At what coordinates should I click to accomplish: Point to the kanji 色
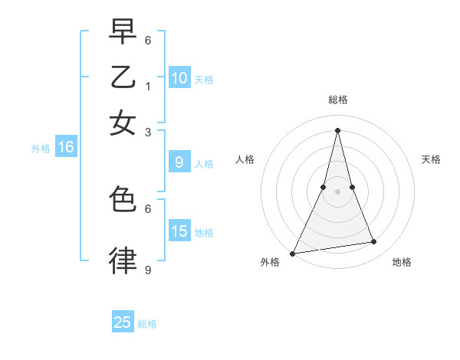(123, 201)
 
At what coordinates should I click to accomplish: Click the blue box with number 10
(179, 77)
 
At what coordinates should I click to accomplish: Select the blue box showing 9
(179, 162)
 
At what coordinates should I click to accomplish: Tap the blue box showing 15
(179, 231)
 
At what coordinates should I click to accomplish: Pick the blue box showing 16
(66, 148)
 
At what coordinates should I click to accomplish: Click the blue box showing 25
(123, 322)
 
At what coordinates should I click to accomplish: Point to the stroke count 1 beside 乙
(148, 86)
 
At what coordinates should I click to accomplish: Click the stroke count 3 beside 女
(148, 132)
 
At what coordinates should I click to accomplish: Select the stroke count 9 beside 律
(148, 270)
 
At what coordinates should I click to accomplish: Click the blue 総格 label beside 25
(148, 324)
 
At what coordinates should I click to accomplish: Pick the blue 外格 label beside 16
(41, 149)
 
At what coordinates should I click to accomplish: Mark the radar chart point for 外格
(292, 254)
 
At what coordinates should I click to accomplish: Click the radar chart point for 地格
(374, 242)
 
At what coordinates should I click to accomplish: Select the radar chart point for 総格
(337, 130)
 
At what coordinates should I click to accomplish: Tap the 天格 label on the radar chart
(432, 159)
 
